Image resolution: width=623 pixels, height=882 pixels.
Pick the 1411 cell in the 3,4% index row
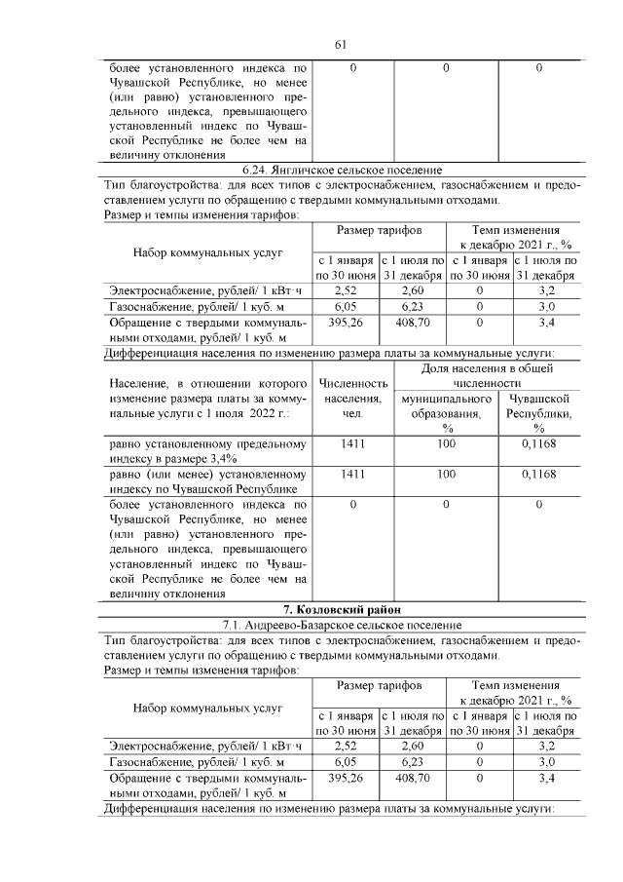pyautogui.click(x=352, y=444)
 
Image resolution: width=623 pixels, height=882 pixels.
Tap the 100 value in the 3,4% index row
pyautogui.click(x=447, y=444)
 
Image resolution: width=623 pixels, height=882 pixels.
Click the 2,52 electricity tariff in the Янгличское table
pyautogui.click(x=346, y=290)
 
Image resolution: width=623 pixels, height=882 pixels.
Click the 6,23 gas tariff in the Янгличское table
pyautogui.click(x=413, y=306)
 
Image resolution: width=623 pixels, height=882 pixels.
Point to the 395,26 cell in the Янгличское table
pyautogui.click(x=346, y=322)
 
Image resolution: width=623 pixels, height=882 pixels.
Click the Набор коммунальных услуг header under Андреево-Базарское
pyautogui.click(x=207, y=708)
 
